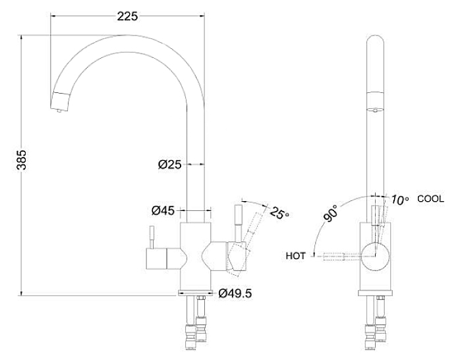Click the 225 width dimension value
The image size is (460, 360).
(x=127, y=16)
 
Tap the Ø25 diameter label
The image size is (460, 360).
(x=169, y=165)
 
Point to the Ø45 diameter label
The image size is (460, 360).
(x=163, y=211)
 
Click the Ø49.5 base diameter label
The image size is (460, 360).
(x=235, y=293)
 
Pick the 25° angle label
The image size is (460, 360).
(x=279, y=214)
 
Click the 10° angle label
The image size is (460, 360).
(x=399, y=199)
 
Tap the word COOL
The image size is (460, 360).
(x=430, y=198)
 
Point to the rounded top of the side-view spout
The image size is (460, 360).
(x=374, y=40)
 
